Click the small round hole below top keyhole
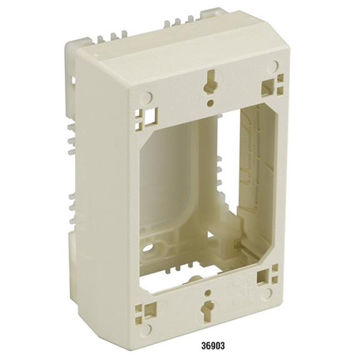tap(209, 102)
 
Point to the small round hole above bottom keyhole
tap(208, 292)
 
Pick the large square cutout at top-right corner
tap(269, 89)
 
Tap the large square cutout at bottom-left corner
tap(150, 310)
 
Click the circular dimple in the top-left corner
tap(146, 97)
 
